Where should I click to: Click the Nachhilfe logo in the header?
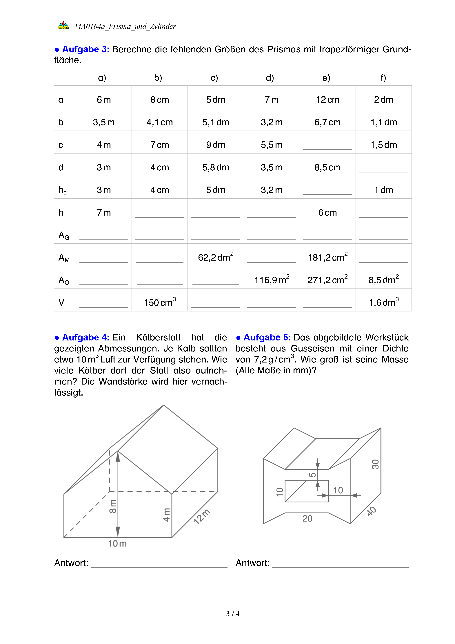[x=63, y=25]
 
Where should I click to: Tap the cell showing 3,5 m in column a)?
[x=104, y=122]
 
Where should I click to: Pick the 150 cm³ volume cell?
[x=160, y=302]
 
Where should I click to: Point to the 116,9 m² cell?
[x=272, y=279]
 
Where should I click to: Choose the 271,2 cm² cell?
[x=327, y=279]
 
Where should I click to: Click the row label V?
[x=61, y=302]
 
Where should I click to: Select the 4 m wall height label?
[x=166, y=515]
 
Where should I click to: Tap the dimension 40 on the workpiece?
[x=372, y=511]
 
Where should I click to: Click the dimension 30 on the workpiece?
[x=375, y=464]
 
